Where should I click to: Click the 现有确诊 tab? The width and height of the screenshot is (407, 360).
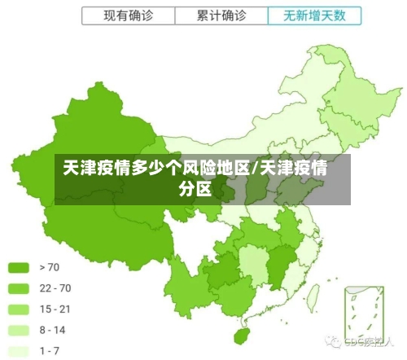pos(128,15)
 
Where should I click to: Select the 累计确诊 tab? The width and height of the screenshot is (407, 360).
pos(221,15)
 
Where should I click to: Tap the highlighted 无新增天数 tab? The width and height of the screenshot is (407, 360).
pos(314,15)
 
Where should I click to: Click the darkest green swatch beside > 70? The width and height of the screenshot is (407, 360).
pos(19,266)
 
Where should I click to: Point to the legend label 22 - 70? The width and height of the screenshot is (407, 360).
pos(55,288)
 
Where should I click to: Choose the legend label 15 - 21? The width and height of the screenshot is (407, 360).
pos(55,309)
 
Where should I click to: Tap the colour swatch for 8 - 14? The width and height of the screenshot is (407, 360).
pos(19,330)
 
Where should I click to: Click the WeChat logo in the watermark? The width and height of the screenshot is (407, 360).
pos(332,342)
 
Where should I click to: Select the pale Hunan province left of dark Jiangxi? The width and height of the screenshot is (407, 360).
pos(256,265)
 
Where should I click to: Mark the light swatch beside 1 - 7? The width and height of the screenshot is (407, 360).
pos(19,351)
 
